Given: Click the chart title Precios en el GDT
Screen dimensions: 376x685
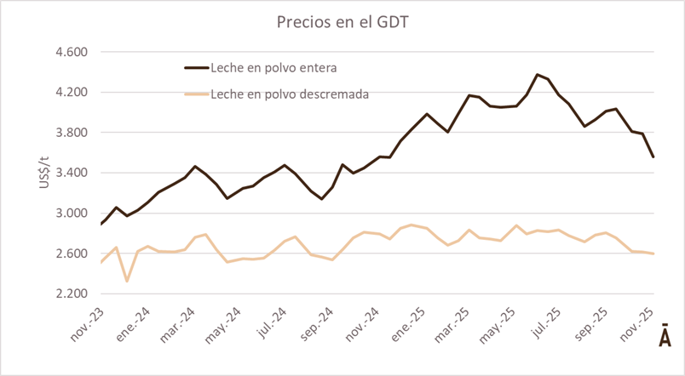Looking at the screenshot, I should tap(342, 22).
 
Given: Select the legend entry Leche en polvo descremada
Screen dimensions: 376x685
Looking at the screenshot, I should tap(289, 94).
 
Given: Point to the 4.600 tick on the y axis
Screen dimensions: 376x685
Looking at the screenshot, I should tap(71, 52).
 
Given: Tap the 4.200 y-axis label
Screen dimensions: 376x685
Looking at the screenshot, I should tap(71, 92).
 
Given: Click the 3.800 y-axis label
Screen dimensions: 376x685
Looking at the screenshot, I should tap(71, 133).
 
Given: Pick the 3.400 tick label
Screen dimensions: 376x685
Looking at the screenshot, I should tap(71, 173).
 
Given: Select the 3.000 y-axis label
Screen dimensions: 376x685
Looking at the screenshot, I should tap(71, 214).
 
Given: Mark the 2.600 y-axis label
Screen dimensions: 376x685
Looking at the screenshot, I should tap(71, 254).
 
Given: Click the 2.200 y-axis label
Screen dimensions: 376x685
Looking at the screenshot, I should tap(71, 294).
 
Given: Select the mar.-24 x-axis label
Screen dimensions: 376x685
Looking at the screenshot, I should tap(177, 322).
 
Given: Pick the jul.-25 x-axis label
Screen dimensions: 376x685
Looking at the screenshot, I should tap(546, 322).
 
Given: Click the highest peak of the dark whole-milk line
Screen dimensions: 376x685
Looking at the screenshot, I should tap(537, 75).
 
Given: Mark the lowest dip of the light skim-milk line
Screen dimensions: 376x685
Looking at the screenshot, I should tap(126, 281).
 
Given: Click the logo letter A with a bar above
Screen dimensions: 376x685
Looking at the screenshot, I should tap(665, 336).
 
